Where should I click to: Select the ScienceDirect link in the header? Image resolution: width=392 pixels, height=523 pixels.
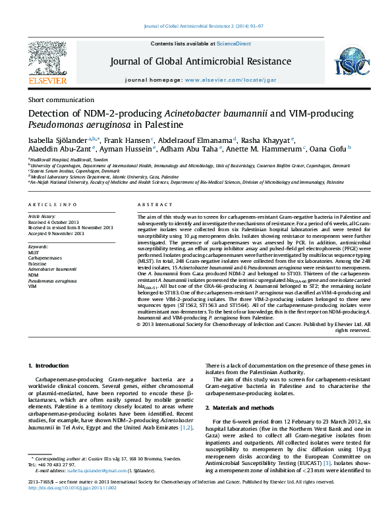click(x=234, y=43)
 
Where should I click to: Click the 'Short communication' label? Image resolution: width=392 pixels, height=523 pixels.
click(x=57, y=100)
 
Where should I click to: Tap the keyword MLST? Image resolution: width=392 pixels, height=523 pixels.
click(x=34, y=252)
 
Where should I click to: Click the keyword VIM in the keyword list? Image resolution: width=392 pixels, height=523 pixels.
click(x=32, y=287)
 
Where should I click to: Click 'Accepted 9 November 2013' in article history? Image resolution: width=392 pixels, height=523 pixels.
click(x=56, y=233)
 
